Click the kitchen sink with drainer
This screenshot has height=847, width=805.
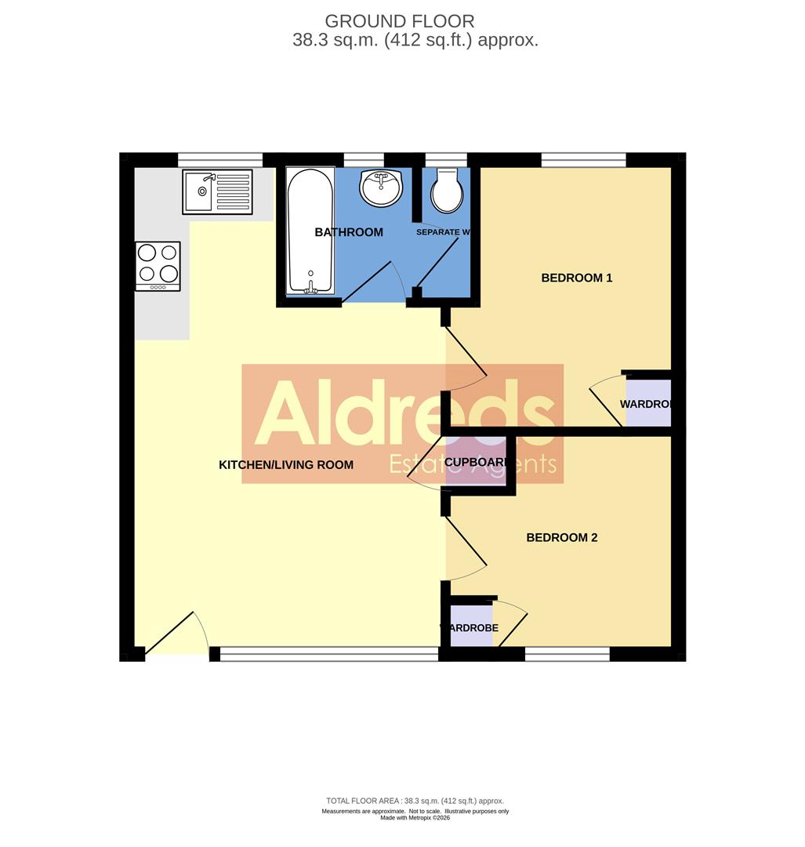pyautogui.click(x=217, y=192)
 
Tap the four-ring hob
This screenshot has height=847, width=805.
pyautogui.click(x=158, y=265)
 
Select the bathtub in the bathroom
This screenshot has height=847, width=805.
pyautogui.click(x=310, y=231)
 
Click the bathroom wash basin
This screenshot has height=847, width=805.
pyautogui.click(x=381, y=188)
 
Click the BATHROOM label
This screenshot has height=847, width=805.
pyautogui.click(x=349, y=232)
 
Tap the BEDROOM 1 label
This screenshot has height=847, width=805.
pyautogui.click(x=577, y=278)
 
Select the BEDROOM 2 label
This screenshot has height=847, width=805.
pyautogui.click(x=562, y=538)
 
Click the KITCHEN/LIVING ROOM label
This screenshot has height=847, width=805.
pyautogui.click(x=286, y=465)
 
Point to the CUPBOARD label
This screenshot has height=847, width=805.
pyautogui.click(x=475, y=462)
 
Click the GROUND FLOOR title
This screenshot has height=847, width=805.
pyautogui.click(x=400, y=21)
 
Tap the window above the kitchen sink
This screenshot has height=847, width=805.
pyautogui.click(x=220, y=160)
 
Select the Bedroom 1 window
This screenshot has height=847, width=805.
pyautogui.click(x=583, y=160)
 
